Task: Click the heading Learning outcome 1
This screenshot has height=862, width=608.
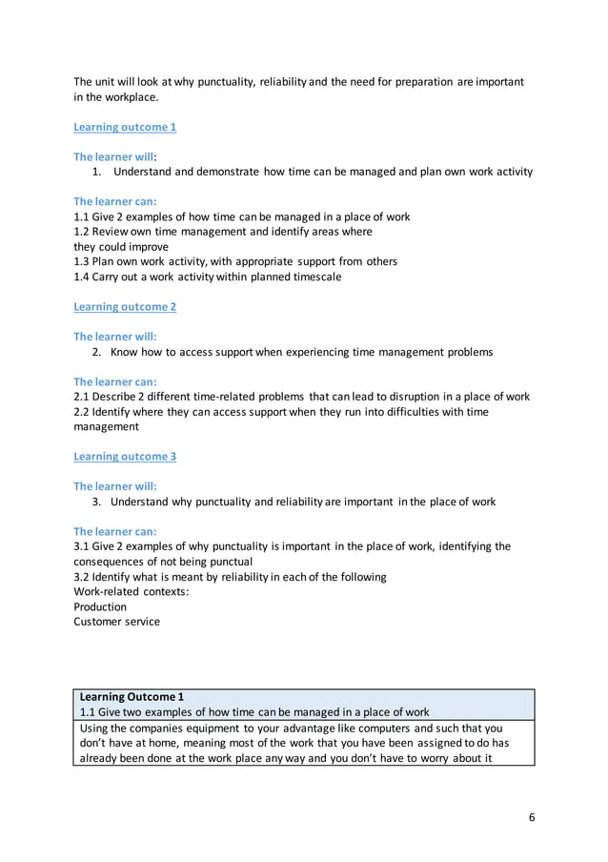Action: [125, 127]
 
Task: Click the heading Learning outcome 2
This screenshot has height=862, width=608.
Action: [125, 306]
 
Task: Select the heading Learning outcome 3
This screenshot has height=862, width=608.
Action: [125, 456]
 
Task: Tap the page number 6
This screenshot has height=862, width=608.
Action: [532, 817]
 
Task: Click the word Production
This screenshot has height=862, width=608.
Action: [100, 606]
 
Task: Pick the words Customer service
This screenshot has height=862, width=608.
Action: [117, 622]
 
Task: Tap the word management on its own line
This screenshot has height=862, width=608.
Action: [106, 427]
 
